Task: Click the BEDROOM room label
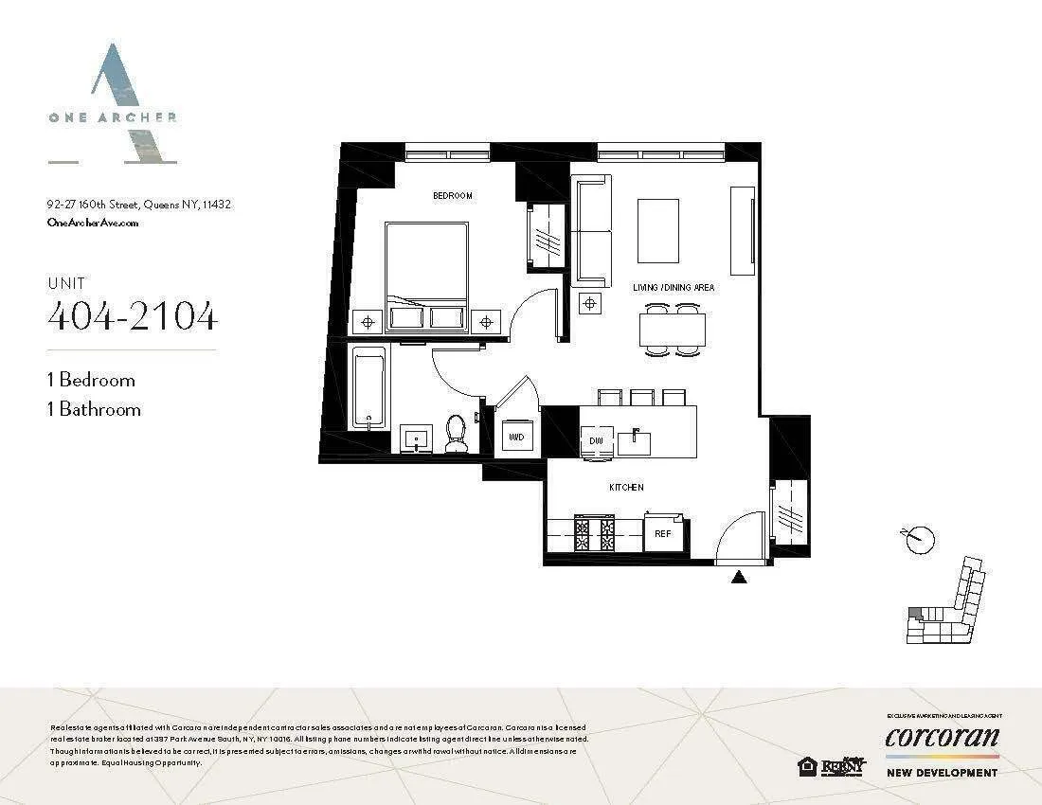(x=452, y=195)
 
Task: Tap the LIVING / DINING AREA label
(x=674, y=287)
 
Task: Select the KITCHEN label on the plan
(x=626, y=487)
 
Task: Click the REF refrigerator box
(x=663, y=533)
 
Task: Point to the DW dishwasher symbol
(x=596, y=440)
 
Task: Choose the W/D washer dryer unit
(x=516, y=438)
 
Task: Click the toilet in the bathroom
(x=456, y=432)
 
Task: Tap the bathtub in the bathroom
(x=368, y=388)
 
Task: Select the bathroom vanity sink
(x=415, y=438)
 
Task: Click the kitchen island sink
(x=634, y=441)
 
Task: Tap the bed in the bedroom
(x=426, y=270)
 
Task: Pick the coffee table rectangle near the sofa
(x=658, y=230)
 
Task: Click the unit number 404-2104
(x=133, y=317)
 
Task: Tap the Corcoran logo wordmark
(x=942, y=737)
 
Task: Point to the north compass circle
(x=920, y=540)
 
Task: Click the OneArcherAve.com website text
(x=93, y=223)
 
